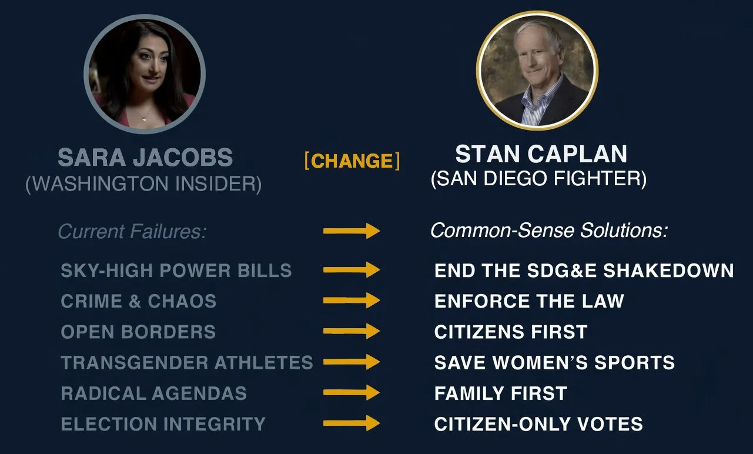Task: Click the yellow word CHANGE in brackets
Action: point(352,161)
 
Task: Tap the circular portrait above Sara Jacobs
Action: point(145,74)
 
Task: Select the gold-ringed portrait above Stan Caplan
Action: point(537,71)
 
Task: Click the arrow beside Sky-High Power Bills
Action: point(352,270)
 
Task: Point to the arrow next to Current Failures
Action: point(352,231)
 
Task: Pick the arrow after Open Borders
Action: point(352,331)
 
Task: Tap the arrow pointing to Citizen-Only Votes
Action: point(352,423)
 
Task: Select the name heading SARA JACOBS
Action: point(145,157)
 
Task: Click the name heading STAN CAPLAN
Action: point(541,153)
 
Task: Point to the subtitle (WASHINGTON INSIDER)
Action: point(143,183)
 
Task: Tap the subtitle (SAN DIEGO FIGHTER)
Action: point(538,178)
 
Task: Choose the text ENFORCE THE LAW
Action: point(529,301)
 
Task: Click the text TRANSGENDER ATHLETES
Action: point(187,362)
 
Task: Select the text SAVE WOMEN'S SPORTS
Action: point(555,362)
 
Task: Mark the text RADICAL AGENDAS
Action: point(154,393)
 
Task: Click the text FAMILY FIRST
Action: point(501,393)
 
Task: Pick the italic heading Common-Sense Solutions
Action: point(549,231)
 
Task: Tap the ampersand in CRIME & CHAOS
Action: point(135,301)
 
